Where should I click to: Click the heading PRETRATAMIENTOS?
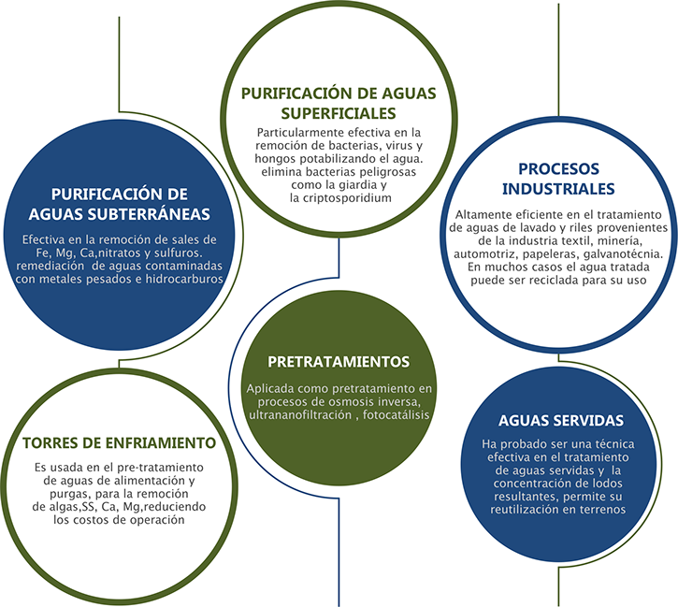pyautogui.click(x=338, y=361)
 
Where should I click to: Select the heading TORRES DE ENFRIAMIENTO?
pyautogui.click(x=120, y=442)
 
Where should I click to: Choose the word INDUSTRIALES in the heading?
pyautogui.click(x=557, y=188)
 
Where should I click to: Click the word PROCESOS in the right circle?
pyautogui.click(x=558, y=169)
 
